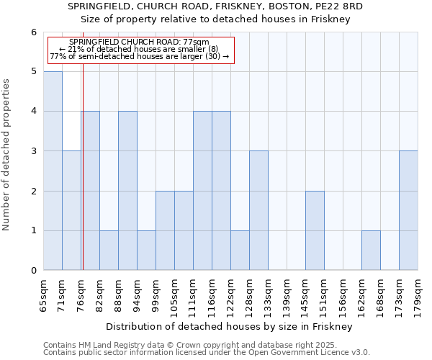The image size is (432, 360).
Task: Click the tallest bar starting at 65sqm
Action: pos(53,171)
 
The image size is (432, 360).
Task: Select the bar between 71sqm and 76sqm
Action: pos(71,210)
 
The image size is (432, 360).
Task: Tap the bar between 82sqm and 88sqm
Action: pos(109,250)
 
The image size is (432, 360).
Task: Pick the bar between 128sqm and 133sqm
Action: pos(258,210)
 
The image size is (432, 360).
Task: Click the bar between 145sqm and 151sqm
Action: pos(315,230)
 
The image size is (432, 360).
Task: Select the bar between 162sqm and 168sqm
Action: pos(371,250)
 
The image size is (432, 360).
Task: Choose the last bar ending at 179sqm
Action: pos(408,210)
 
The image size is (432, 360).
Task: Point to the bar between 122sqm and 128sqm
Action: pos(240,250)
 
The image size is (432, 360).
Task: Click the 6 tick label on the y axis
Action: pos(33,32)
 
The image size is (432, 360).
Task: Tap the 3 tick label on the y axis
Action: pos(33,151)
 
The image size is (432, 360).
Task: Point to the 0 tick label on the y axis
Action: pos(33,271)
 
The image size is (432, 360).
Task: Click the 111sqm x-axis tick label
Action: pos(194,296)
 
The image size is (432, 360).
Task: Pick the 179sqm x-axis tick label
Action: pos(418,296)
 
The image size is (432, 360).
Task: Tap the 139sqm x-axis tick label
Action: pos(287,296)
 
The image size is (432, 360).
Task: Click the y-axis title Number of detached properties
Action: pos(7,154)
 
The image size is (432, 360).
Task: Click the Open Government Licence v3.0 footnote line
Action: pos(207,353)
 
